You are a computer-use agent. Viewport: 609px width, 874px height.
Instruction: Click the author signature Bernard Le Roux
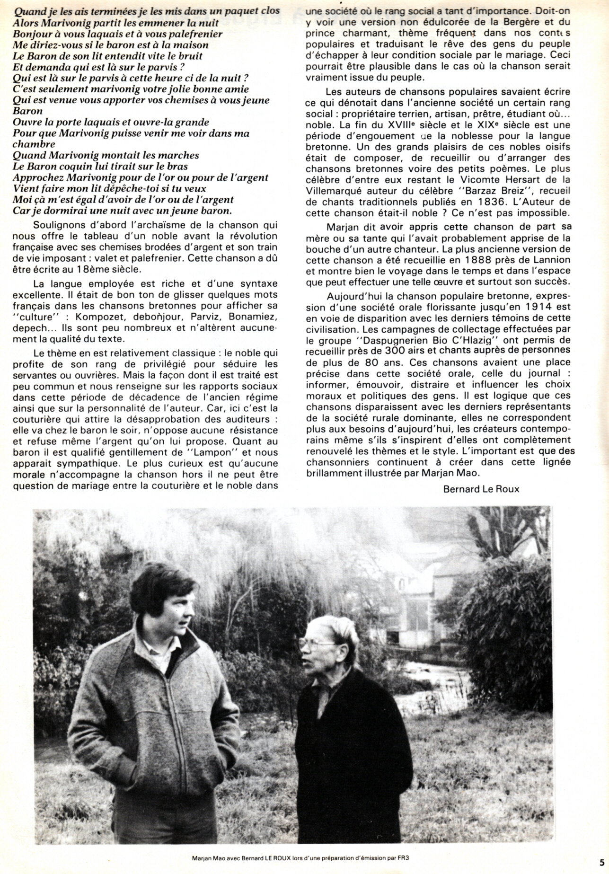pos(481,489)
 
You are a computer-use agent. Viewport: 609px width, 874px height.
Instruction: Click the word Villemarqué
pos(334,191)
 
